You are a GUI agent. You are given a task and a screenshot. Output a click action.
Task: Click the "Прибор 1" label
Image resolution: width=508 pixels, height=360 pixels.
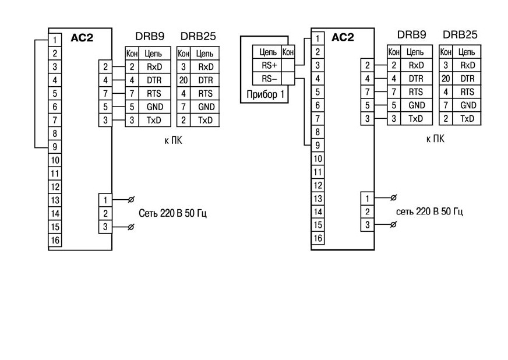pyautogui.click(x=265, y=94)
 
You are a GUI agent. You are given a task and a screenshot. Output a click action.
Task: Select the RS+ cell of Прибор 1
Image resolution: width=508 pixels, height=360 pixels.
pyautogui.click(x=267, y=65)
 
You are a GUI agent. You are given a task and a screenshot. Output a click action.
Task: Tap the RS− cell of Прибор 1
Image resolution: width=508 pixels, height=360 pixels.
pyautogui.click(x=267, y=79)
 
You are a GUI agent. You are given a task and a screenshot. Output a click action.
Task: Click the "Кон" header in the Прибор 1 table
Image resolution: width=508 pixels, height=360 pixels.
pyautogui.click(x=288, y=52)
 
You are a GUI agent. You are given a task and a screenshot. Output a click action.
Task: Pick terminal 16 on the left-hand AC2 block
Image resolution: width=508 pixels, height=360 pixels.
pyautogui.click(x=55, y=240)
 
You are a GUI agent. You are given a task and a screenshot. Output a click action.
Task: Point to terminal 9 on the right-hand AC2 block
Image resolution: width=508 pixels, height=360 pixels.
pyautogui.click(x=317, y=145)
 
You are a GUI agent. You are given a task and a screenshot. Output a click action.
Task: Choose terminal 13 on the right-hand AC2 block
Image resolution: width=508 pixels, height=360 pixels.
pyautogui.click(x=317, y=198)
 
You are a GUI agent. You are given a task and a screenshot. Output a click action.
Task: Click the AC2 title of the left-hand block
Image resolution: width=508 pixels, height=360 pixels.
pyautogui.click(x=82, y=38)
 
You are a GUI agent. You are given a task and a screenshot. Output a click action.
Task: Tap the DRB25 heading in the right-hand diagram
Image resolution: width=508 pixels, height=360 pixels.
pyautogui.click(x=460, y=35)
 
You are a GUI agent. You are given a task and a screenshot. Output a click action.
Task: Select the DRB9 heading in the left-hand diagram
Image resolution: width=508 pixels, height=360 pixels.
pyautogui.click(x=150, y=36)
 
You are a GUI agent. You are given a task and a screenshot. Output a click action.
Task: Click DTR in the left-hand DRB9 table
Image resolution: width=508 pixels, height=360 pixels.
pyautogui.click(x=154, y=80)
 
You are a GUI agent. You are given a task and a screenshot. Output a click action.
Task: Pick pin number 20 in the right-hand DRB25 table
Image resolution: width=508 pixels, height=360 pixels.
pyautogui.click(x=446, y=79)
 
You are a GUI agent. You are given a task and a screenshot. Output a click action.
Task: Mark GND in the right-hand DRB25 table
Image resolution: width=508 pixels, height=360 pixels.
pyautogui.click(x=468, y=105)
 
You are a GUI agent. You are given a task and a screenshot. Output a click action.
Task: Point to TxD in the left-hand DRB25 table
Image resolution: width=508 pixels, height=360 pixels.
pyautogui.click(x=206, y=120)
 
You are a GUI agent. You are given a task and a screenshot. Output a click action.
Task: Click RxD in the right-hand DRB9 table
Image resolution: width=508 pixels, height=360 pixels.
pyautogui.click(x=417, y=65)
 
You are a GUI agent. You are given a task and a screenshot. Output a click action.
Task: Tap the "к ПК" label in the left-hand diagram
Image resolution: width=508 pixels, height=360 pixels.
pyautogui.click(x=174, y=140)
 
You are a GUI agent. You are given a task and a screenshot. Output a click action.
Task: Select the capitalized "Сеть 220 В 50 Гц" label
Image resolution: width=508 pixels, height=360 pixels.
pyautogui.click(x=172, y=213)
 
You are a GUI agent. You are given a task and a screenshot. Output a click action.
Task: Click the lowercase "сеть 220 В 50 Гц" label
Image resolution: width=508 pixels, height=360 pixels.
pyautogui.click(x=429, y=211)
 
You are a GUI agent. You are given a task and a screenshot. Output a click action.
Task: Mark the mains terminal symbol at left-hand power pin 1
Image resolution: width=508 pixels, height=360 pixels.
pyautogui.click(x=131, y=200)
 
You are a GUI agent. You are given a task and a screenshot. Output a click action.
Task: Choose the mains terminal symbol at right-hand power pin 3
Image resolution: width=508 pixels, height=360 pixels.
pyautogui.click(x=393, y=224)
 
